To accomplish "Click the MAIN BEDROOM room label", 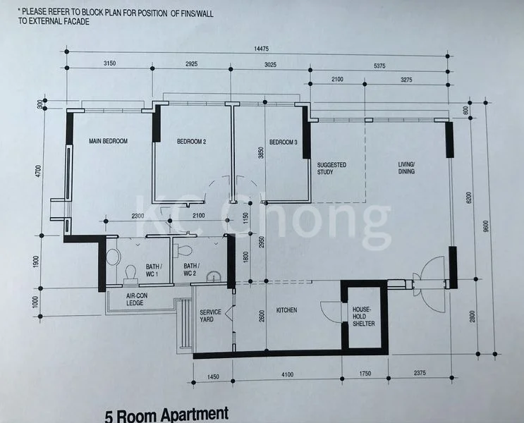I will coord(108,142).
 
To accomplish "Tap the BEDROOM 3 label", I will coord(283,142).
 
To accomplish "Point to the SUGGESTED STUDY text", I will coord(331,169).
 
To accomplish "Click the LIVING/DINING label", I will coord(406,168).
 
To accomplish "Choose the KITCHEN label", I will coord(286,310).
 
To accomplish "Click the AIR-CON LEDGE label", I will coord(137,300).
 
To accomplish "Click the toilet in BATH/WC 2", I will coord(185,250).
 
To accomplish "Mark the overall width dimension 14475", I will coord(262,49).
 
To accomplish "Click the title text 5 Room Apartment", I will coord(166,414).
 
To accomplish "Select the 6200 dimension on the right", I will coord(478,195).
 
